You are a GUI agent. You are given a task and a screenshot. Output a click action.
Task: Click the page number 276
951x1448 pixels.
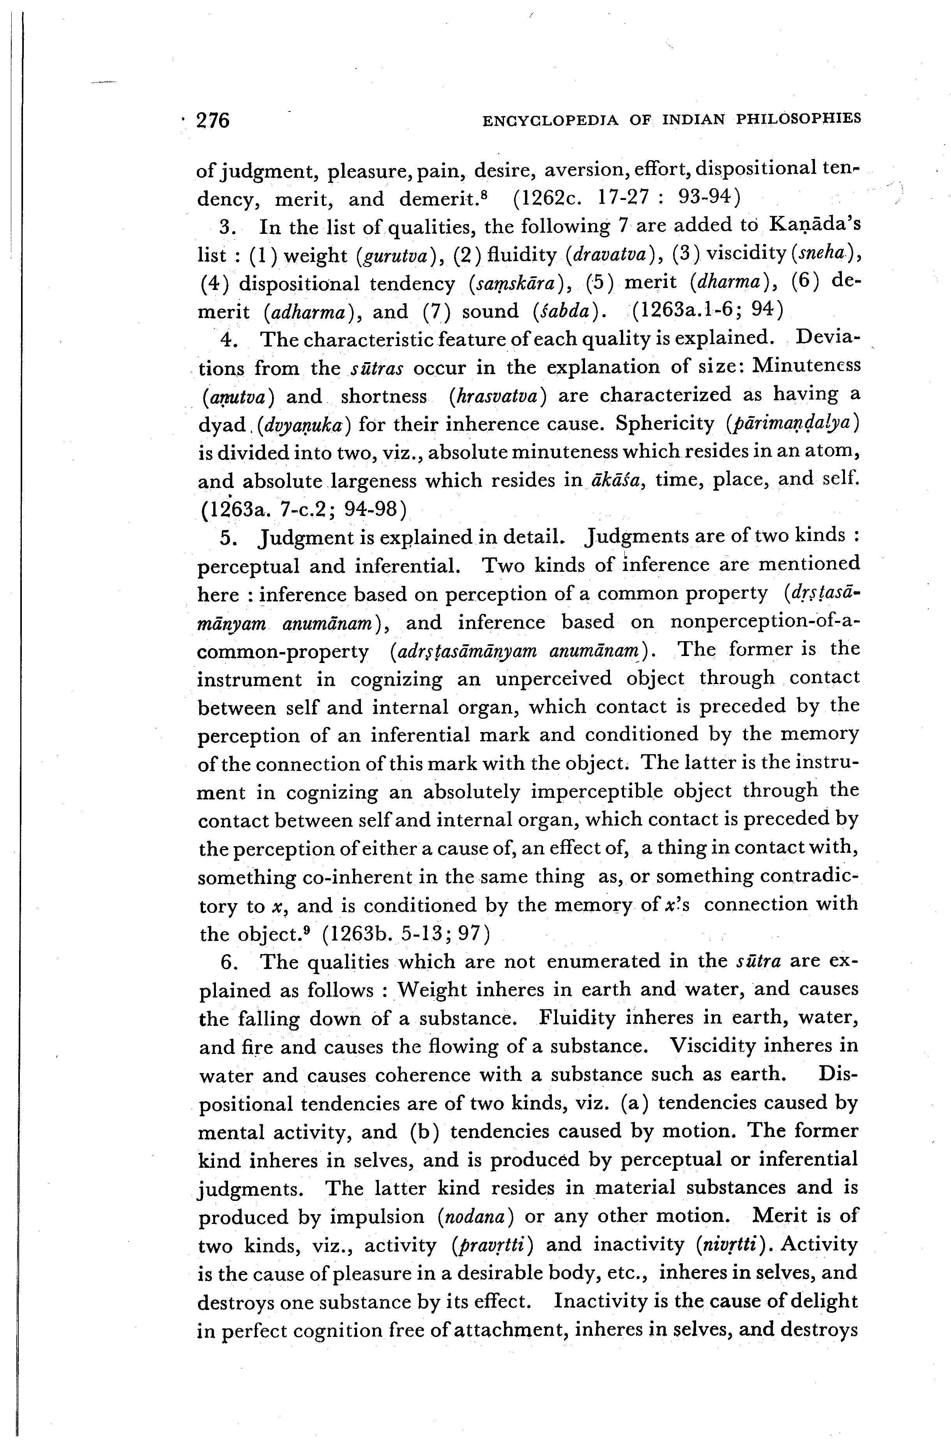pos(213,120)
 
